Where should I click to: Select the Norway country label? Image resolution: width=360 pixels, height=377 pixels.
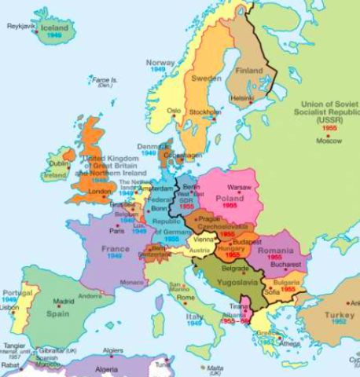click(160, 62)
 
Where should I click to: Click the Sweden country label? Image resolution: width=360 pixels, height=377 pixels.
click(207, 79)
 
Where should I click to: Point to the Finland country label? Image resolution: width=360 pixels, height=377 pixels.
click(250, 71)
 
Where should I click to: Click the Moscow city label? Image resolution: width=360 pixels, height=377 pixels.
click(329, 141)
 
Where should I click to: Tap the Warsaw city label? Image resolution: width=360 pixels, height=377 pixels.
click(239, 188)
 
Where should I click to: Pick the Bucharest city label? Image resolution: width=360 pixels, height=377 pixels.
click(285, 265)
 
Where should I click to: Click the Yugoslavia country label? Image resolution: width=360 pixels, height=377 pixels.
click(227, 281)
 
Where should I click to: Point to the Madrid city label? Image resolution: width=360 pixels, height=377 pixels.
click(64, 301)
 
